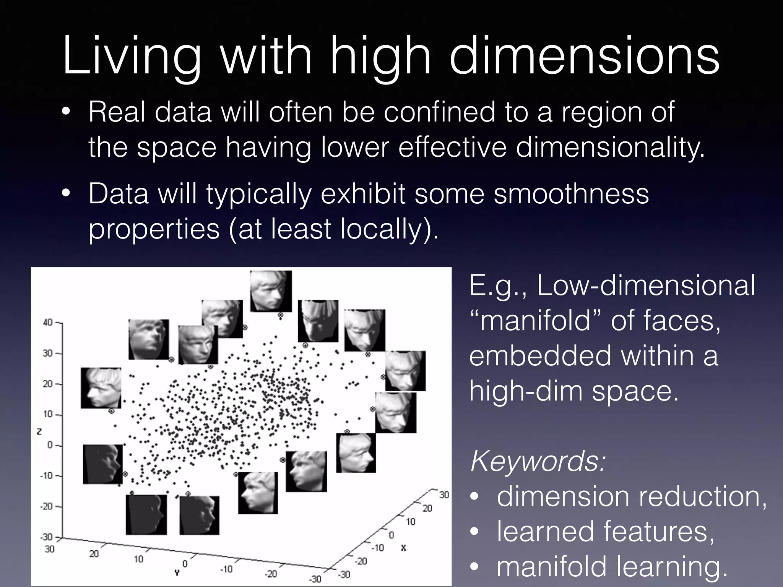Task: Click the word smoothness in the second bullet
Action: click(x=571, y=194)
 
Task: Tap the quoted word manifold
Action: click(x=535, y=320)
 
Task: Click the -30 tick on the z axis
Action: click(x=47, y=537)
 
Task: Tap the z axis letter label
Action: click(x=39, y=432)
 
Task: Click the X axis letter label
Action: click(x=403, y=548)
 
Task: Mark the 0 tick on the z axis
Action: click(x=50, y=445)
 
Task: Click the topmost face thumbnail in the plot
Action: click(x=271, y=291)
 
